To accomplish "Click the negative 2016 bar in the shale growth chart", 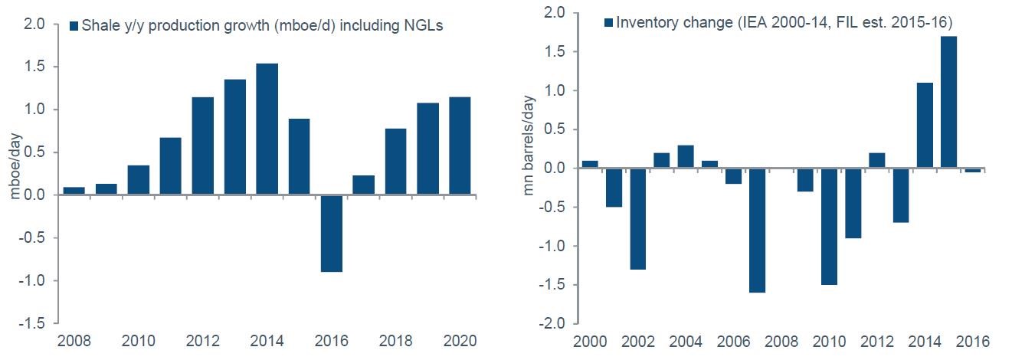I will (x=331, y=234).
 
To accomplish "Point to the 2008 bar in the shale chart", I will (x=74, y=191).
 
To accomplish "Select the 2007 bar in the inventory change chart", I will (x=757, y=230).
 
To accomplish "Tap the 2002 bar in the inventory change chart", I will (x=637, y=218).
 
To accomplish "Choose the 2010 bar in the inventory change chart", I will (x=830, y=226).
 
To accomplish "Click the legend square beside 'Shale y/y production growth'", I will (x=74, y=26).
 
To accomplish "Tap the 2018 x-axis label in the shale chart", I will (x=395, y=340).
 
